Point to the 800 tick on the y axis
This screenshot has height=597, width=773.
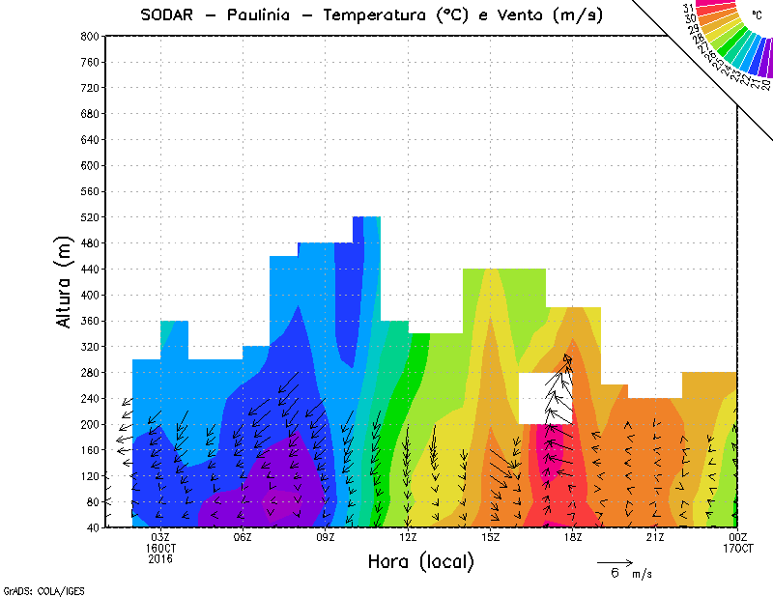coord(89,36)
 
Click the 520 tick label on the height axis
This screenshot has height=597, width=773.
coord(89,217)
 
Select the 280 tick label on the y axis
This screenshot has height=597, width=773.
coord(89,373)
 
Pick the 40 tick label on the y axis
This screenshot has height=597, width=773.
coord(92,528)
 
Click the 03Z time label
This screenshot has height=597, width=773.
coord(160,537)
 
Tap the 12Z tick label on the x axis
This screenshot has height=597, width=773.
coord(408,537)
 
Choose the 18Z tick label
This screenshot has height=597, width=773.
coord(573,537)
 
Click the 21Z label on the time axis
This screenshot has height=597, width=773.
coord(655,537)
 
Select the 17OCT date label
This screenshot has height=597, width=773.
coord(737,549)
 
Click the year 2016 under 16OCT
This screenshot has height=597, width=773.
coord(160,559)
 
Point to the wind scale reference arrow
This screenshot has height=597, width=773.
coord(615,561)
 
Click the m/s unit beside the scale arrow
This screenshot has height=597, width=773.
coord(643,574)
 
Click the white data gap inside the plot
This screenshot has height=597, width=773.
coord(545,398)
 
